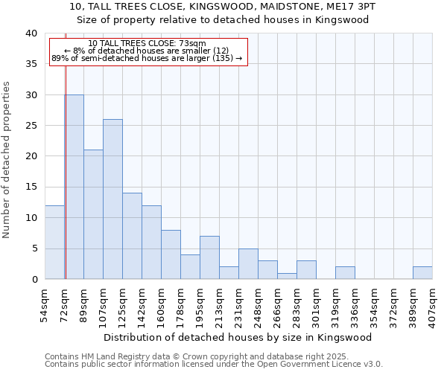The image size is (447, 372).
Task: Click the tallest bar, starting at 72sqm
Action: [74, 187]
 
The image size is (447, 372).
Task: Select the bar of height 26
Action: [112, 199]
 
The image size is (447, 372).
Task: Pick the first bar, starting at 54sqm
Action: [54, 242]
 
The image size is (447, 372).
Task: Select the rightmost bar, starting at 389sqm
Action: [422, 272]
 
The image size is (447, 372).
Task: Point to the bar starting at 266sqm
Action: [287, 276]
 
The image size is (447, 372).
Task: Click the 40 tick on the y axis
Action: [31, 33]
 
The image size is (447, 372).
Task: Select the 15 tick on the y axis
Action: [31, 187]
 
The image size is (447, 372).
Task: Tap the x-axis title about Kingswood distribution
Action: [238, 337]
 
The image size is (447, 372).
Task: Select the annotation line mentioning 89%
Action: [147, 58]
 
